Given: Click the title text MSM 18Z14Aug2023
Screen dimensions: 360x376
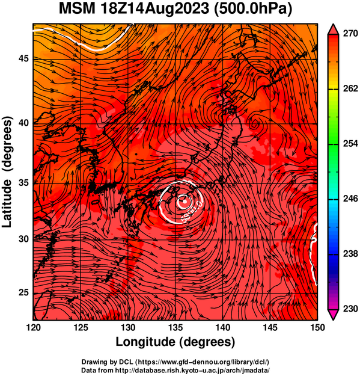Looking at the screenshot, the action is point(134,8).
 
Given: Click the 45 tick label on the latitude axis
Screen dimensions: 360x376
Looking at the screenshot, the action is point(24,59).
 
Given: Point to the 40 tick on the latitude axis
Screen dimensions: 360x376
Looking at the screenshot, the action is point(24,123).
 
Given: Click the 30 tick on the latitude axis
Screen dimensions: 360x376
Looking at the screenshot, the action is point(24,239).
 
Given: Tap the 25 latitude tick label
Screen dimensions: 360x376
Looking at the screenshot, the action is point(24,293).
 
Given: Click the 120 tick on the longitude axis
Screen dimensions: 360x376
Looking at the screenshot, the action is point(33,327).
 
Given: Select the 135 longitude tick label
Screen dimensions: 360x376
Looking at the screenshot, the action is point(175,327).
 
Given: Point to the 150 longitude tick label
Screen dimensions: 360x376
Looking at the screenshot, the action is point(317,327).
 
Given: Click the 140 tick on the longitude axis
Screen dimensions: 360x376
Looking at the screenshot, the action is point(223,327).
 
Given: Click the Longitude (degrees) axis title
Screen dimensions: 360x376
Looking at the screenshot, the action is point(175,342).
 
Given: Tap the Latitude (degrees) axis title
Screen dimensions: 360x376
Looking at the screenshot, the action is point(7,171).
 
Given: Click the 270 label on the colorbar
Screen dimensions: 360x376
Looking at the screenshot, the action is point(350,34).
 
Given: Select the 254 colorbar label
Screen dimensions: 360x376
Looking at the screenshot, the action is point(350,144).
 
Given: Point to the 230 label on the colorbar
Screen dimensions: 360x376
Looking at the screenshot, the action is point(350,309).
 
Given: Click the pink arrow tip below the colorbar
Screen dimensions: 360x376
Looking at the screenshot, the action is point(334,319).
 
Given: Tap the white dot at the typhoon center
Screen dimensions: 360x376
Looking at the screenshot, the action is point(184,202).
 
